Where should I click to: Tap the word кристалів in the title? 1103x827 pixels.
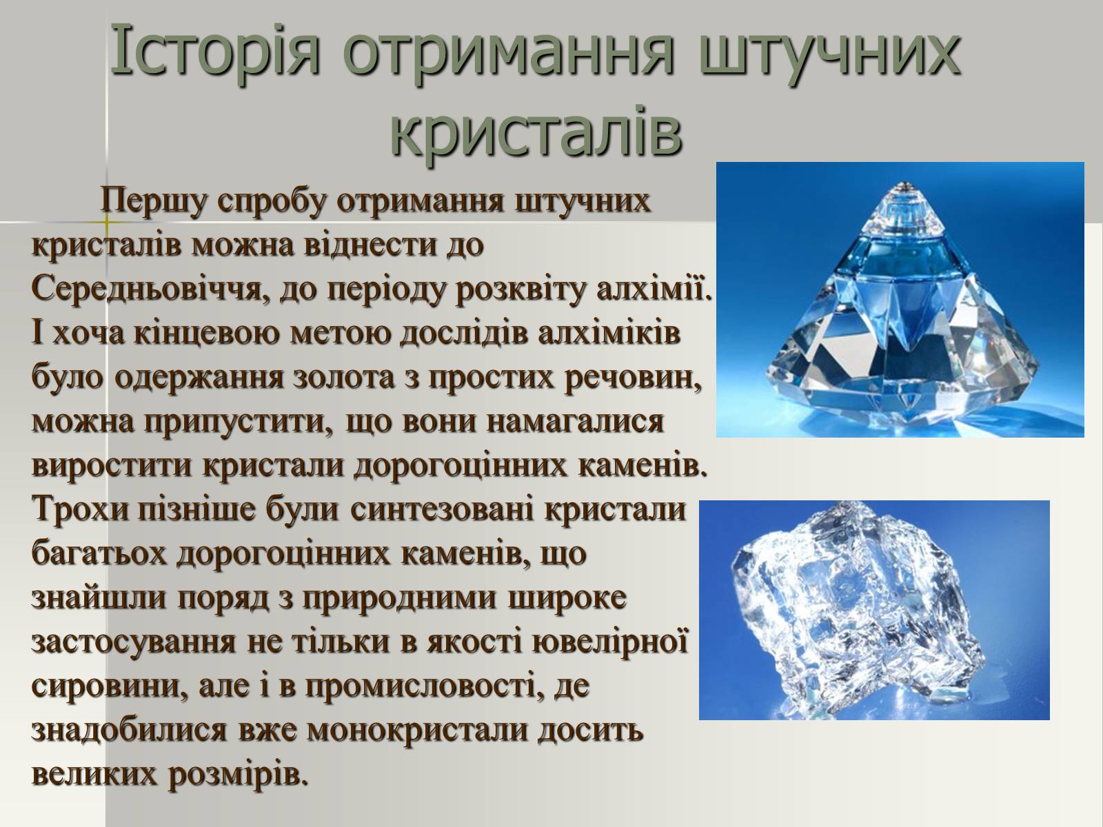(x=536, y=132)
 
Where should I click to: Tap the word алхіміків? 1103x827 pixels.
(x=609, y=333)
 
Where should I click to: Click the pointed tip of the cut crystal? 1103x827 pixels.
(x=904, y=184)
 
